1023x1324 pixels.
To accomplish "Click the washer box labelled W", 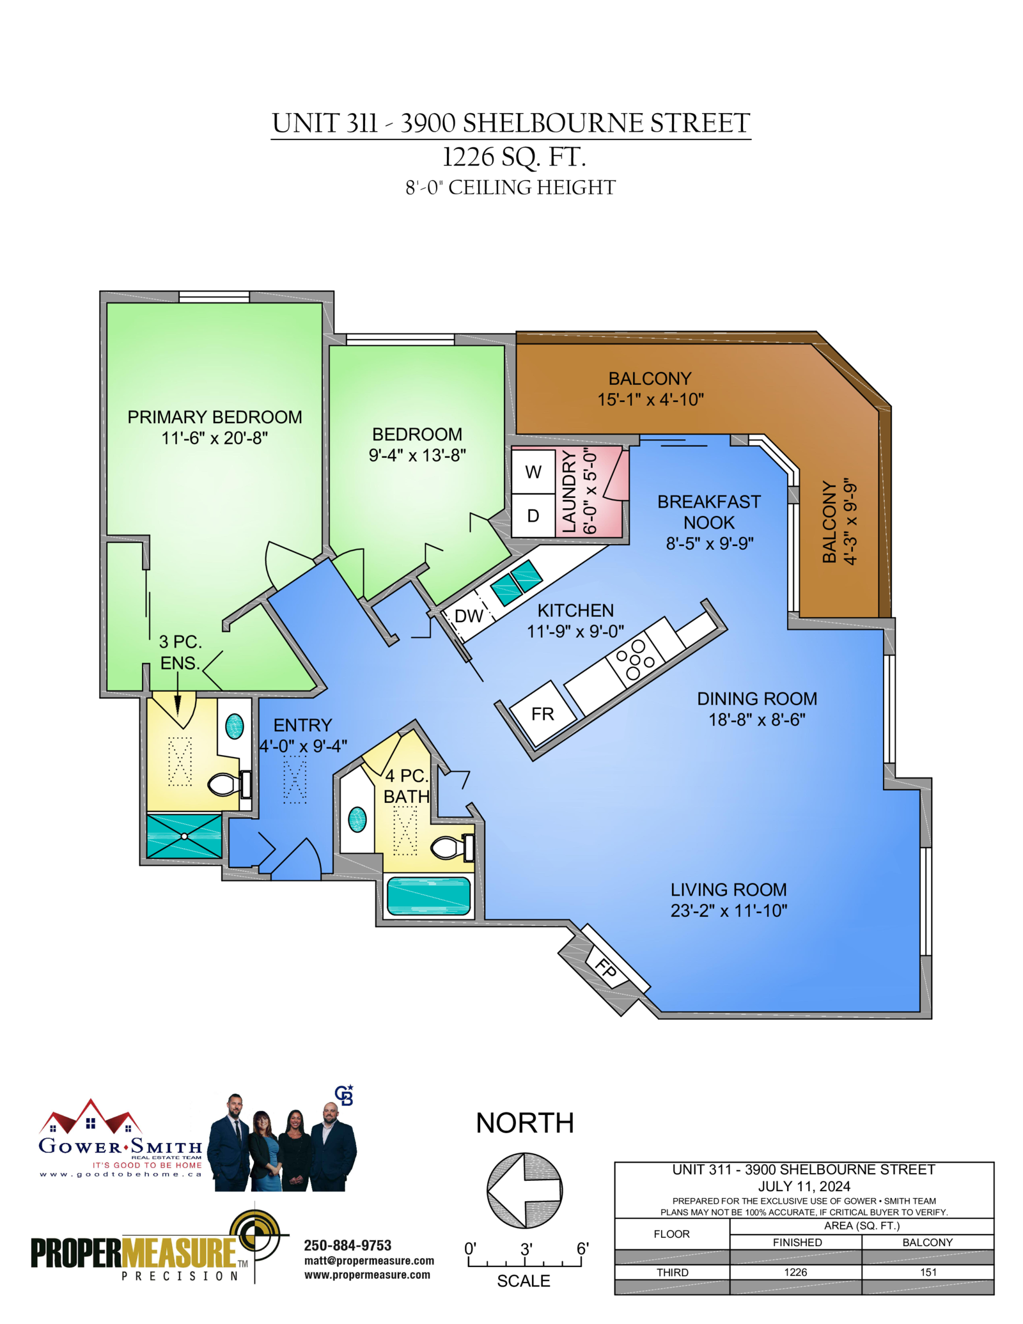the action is [x=533, y=472].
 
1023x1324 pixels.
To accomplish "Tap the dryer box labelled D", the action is [x=533, y=515].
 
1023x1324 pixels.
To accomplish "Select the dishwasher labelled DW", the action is [x=469, y=616].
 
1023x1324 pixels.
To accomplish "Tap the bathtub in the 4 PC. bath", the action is [x=428, y=896].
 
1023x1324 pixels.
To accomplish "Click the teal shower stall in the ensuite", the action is [x=184, y=836].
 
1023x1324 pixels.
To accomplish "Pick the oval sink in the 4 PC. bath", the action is [x=357, y=819].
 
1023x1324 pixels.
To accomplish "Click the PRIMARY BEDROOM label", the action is [x=215, y=417].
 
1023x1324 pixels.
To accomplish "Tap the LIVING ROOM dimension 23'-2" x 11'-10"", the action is [x=729, y=911].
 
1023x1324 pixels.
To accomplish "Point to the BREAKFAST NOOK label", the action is [x=709, y=512].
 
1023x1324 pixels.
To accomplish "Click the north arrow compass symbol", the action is [x=525, y=1190].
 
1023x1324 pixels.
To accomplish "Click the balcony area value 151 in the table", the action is [x=928, y=1272].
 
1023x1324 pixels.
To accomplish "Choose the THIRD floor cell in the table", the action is [x=673, y=1272].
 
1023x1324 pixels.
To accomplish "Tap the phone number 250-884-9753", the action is [x=348, y=1245].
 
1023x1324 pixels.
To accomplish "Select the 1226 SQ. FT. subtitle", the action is [x=514, y=157].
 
